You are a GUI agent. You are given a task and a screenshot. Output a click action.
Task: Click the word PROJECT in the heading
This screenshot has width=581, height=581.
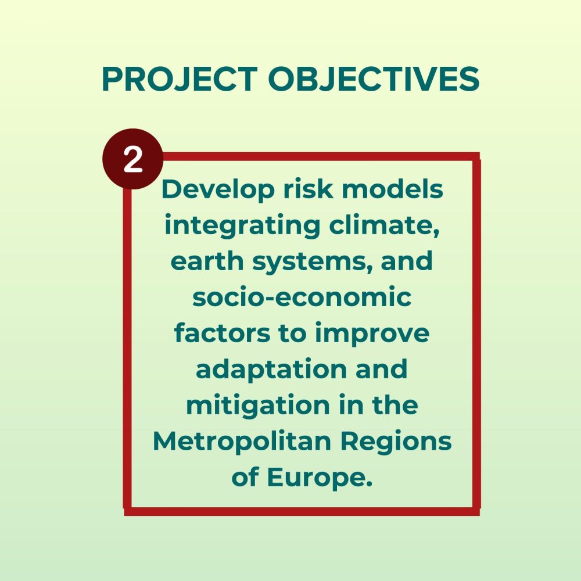(x=180, y=79)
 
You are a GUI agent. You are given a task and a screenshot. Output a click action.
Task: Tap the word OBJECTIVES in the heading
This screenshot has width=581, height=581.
(x=374, y=79)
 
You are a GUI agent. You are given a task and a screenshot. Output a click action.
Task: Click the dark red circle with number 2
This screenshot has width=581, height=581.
(x=132, y=159)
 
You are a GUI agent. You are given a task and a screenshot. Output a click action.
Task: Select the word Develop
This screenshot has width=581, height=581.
(x=218, y=190)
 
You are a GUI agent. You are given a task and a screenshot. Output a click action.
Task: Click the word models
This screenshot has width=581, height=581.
(x=392, y=189)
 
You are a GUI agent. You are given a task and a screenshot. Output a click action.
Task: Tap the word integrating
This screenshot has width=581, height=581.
(x=242, y=226)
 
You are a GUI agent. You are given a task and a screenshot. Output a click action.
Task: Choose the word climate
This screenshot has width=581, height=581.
(x=385, y=225)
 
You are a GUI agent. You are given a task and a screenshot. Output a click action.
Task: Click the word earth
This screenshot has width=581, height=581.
(x=207, y=261)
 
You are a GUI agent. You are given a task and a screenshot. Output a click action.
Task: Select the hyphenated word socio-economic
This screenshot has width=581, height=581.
(x=302, y=297)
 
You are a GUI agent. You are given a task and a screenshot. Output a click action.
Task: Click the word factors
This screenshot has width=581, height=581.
(x=222, y=333)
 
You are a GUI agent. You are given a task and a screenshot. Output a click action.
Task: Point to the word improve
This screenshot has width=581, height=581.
(x=372, y=334)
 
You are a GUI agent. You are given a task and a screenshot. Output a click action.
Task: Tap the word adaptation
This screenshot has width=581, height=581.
(x=271, y=370)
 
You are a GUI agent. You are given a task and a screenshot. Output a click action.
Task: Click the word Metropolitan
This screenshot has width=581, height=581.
(x=242, y=442)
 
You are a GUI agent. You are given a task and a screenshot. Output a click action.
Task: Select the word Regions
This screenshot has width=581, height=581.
(x=396, y=442)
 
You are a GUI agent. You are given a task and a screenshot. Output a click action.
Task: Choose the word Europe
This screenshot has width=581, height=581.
(x=320, y=478)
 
